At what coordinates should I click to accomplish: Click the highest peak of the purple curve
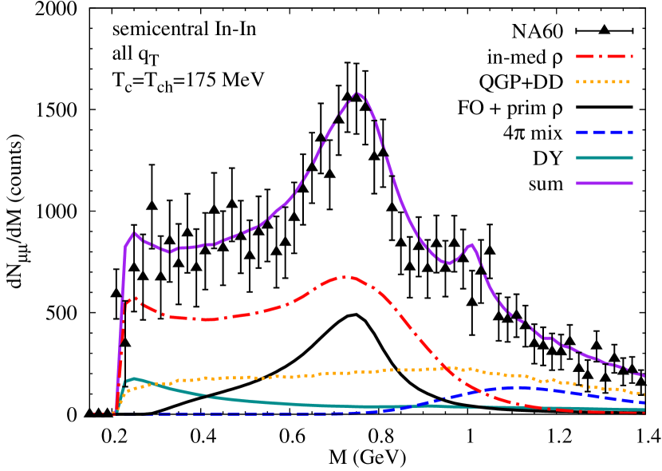(357, 93)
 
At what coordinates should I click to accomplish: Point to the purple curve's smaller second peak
(471, 244)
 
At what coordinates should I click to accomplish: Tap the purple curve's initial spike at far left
(133, 233)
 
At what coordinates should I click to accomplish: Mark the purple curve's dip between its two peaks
(448, 263)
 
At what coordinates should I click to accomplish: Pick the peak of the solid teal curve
(134, 378)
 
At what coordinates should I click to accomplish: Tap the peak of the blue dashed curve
(522, 387)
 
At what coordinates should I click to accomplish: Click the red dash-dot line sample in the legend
(604, 57)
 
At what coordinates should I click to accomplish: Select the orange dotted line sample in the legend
(604, 81)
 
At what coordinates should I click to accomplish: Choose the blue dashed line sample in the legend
(604, 133)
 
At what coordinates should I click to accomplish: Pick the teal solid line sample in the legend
(604, 157)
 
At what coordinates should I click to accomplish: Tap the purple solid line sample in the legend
(604, 183)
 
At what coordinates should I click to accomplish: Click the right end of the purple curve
(644, 375)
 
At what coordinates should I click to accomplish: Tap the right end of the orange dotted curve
(644, 394)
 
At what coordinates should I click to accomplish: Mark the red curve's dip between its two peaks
(207, 319)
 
